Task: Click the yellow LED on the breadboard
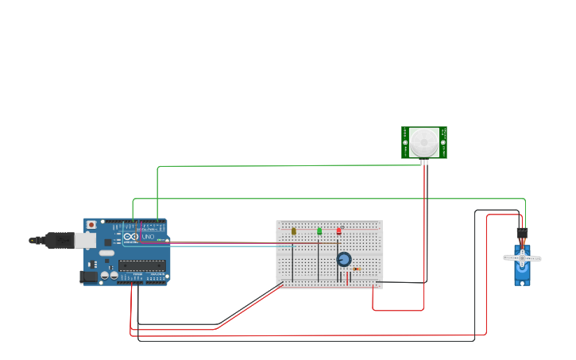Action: pyautogui.click(x=293, y=231)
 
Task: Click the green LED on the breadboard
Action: pyautogui.click(x=319, y=231)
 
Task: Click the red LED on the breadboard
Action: pyautogui.click(x=338, y=231)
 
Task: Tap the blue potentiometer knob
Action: pyautogui.click(x=344, y=259)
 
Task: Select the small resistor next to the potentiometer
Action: pyautogui.click(x=356, y=269)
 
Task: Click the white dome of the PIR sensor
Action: pyautogui.click(x=423, y=143)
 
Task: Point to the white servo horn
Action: pyautogui.click(x=522, y=257)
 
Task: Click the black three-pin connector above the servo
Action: pyautogui.click(x=522, y=233)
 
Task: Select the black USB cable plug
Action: pyautogui.click(x=60, y=239)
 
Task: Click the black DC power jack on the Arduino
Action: pyautogui.click(x=87, y=277)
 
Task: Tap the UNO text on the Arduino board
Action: pyautogui.click(x=147, y=237)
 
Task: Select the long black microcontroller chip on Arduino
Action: pyautogui.click(x=142, y=265)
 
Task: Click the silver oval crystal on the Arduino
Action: pyautogui.click(x=106, y=252)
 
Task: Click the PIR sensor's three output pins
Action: pyautogui.click(x=424, y=162)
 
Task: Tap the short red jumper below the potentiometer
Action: pyautogui.click(x=346, y=277)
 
